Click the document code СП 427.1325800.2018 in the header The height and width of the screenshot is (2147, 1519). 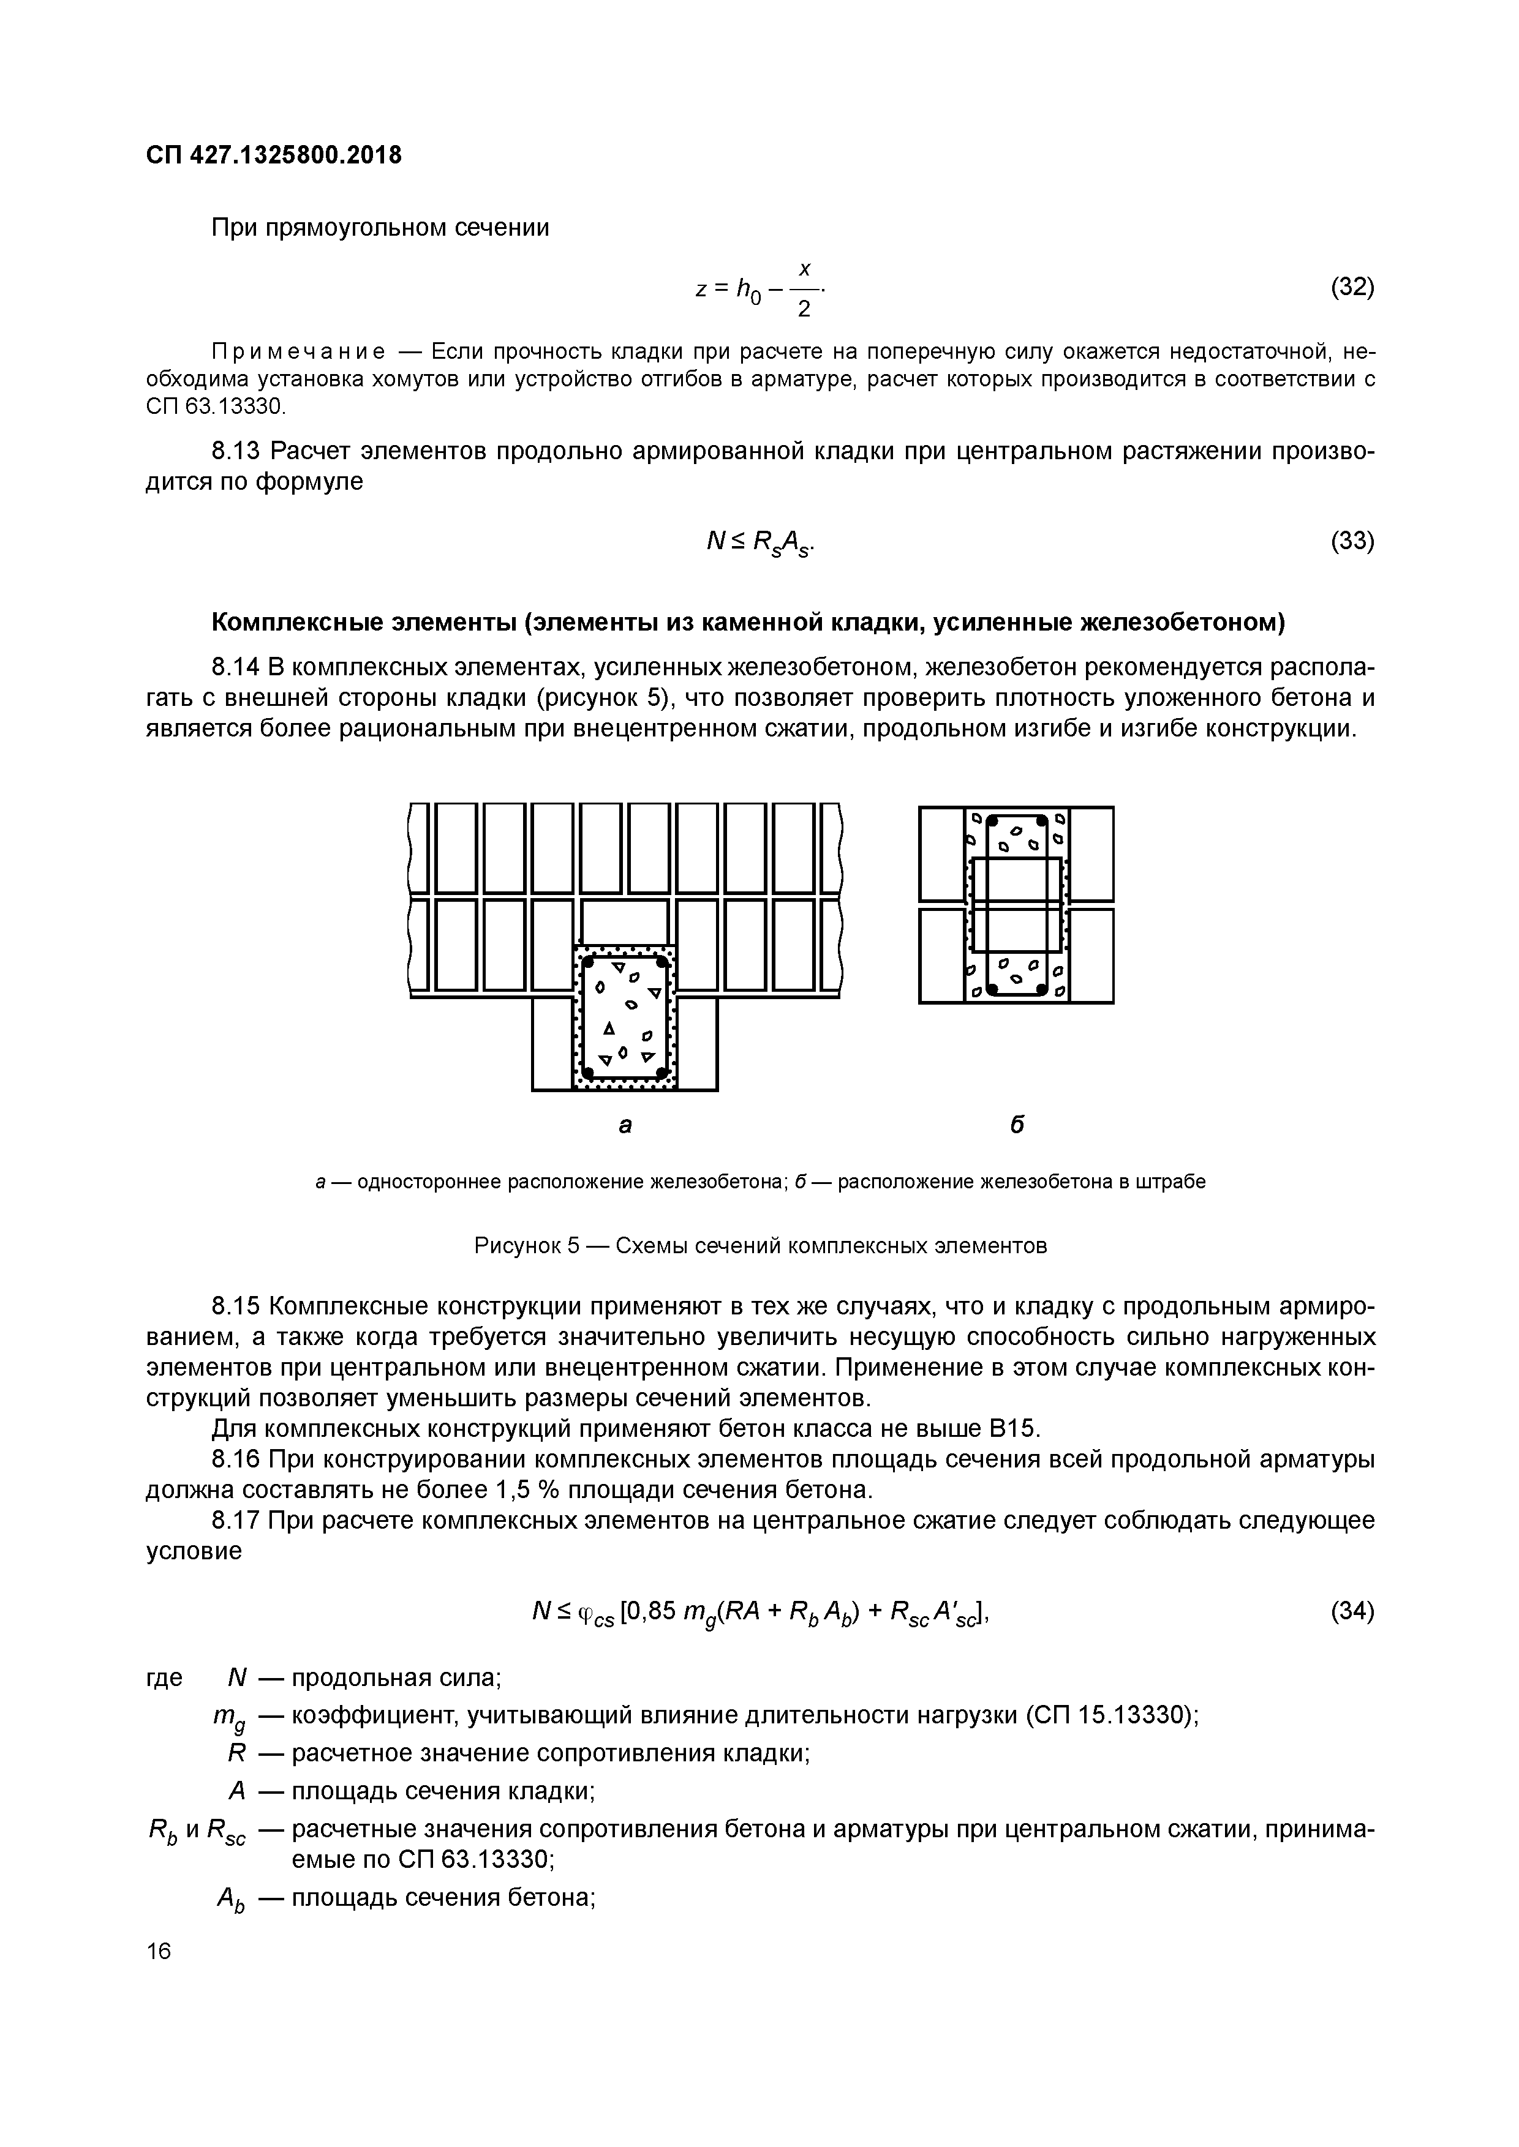tap(273, 155)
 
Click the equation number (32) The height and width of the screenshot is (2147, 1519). tap(1352, 287)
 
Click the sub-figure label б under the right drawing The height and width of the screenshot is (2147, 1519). tap(1017, 1125)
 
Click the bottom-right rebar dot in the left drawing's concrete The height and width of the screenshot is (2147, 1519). tap(662, 1071)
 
